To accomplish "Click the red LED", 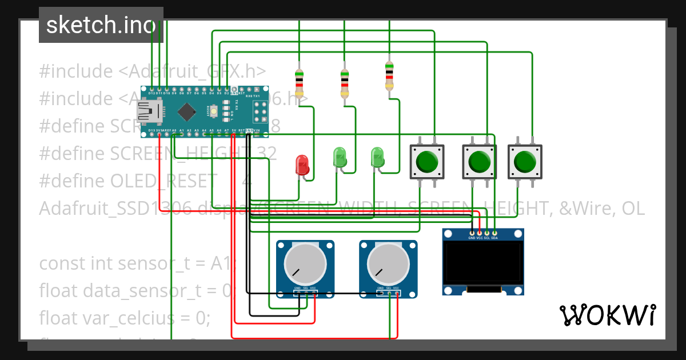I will pos(302,165).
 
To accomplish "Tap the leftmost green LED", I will pos(340,157).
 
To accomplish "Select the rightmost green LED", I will pos(377,157).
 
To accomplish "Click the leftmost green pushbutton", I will pos(427,162).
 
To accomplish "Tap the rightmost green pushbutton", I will pos(525,162).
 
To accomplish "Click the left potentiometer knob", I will pos(305,265).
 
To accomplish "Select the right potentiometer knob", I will pos(388,265).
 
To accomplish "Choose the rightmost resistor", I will pos(389,77).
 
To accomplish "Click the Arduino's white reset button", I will pos(214,111).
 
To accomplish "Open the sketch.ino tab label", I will pos(101,25).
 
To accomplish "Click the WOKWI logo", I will pos(607,315).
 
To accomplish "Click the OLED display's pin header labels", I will pos(483,237).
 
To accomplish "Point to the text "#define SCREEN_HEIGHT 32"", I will pos(158,153).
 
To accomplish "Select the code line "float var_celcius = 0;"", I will pos(125,318).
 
